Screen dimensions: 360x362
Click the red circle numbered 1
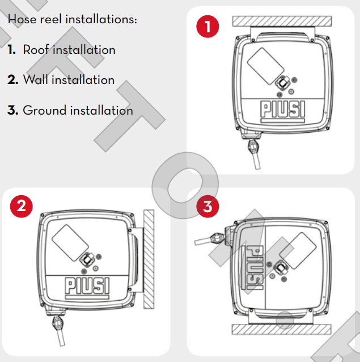point(207,26)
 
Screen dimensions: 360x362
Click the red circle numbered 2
point(21,206)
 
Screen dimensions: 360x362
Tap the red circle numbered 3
point(207,206)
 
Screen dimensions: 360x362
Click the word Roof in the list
point(36,49)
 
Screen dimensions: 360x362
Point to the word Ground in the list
point(45,110)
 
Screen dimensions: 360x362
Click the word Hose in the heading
point(22,19)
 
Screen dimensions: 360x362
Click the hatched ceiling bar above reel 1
point(282,21)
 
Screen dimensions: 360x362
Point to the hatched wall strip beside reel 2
point(149,259)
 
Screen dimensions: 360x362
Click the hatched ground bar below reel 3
point(281,329)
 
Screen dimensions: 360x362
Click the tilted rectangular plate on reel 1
point(265,66)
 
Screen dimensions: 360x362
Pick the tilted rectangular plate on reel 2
point(70,243)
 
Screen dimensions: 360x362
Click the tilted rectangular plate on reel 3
point(298,251)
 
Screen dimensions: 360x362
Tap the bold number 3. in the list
point(13,110)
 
